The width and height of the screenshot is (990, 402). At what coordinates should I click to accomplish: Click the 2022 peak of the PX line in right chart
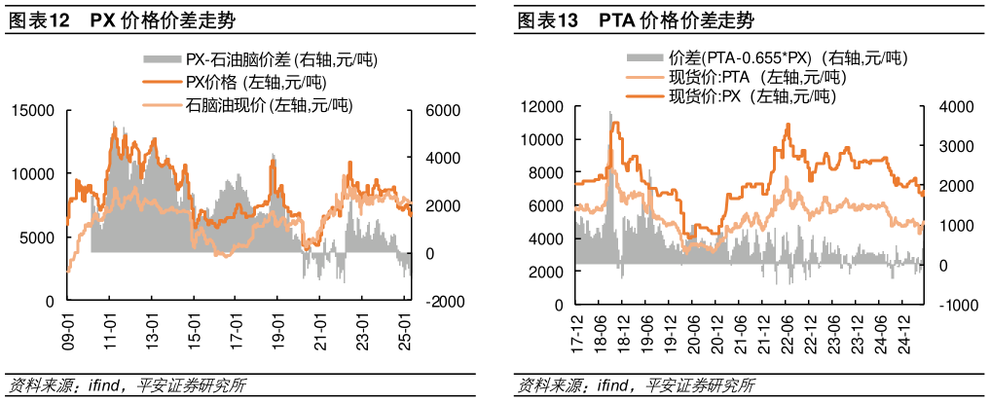pyautogui.click(x=788, y=126)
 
